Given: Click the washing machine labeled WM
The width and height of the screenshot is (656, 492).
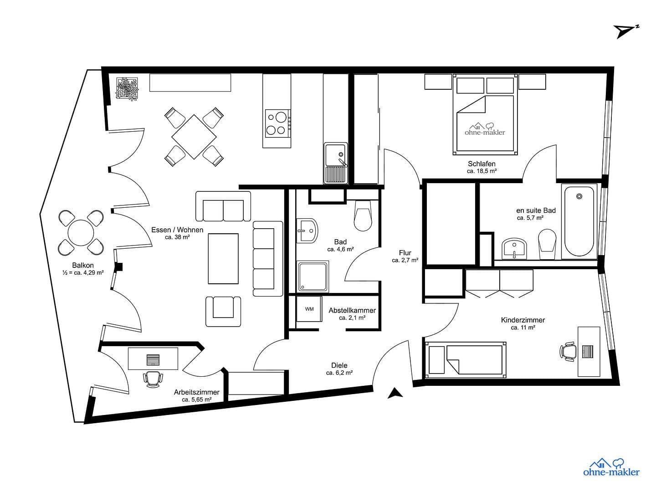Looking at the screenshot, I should pos(309,309).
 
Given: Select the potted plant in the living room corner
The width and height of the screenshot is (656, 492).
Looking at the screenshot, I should pos(128,89).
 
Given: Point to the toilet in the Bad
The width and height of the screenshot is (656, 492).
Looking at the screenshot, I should pos(364,217).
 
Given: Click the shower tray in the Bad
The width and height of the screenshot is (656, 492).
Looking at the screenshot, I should pos(313,276).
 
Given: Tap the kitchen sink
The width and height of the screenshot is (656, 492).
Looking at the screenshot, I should pos(336,163).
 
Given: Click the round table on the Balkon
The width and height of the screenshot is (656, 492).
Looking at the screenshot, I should pos(81,232).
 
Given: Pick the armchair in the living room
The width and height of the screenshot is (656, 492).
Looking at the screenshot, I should pos(223,311).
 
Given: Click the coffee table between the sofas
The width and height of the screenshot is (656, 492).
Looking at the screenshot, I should pos(223,258).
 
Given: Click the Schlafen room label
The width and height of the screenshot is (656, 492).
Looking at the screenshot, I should pos(482,164).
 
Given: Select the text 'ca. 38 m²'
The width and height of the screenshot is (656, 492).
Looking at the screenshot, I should pos(177,237).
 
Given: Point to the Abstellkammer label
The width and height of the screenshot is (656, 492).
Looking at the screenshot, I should pos(352,310).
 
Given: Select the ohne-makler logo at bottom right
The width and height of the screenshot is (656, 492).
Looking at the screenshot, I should pos(611,467).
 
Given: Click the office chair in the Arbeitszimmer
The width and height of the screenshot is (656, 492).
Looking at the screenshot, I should pos(153,379).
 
